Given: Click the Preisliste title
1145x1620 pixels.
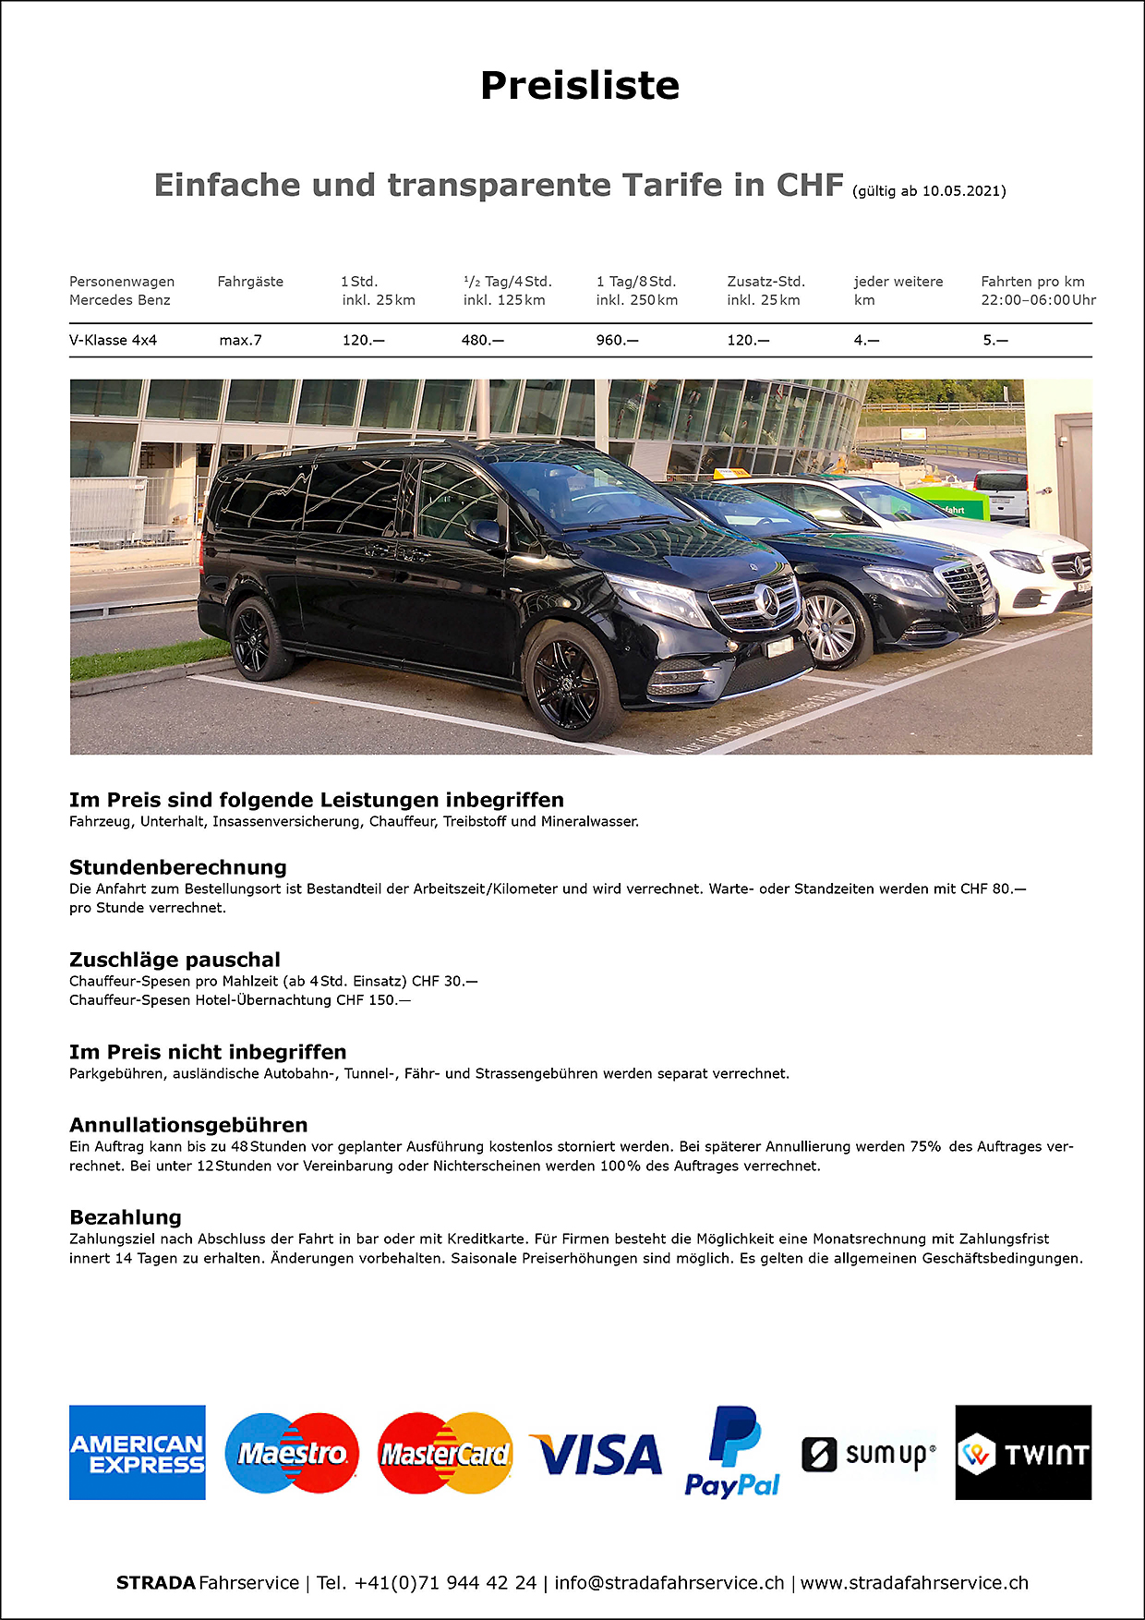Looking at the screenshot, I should (x=580, y=86).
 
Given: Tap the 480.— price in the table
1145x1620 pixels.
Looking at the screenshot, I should (x=482, y=340).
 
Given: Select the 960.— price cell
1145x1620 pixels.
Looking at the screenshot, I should (x=617, y=340).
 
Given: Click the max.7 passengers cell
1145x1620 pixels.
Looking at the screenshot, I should (x=240, y=340).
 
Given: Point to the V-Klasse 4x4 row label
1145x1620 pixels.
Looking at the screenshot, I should (x=113, y=340).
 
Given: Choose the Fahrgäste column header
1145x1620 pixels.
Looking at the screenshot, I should (x=250, y=282).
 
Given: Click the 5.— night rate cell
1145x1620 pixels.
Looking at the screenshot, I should (x=995, y=340).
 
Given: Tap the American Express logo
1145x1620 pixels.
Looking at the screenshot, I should (x=138, y=1452).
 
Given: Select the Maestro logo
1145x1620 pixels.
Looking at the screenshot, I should (x=292, y=1453).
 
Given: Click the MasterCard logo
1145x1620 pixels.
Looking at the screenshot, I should (x=445, y=1453).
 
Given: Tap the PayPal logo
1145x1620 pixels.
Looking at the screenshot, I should (x=732, y=1453).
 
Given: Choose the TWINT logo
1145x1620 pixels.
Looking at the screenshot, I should (x=1023, y=1453).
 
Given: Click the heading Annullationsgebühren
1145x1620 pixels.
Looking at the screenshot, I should (x=188, y=1125).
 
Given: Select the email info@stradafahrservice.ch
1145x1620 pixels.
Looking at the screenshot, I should (x=669, y=1582).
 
